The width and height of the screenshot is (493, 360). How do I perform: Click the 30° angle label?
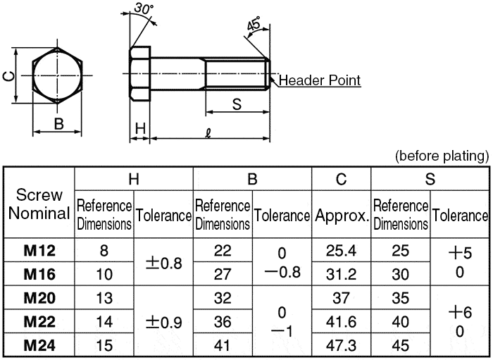click(x=144, y=9)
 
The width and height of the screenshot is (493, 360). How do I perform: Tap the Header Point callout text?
click(x=320, y=80)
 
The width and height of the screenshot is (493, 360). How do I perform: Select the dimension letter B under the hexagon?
click(x=59, y=124)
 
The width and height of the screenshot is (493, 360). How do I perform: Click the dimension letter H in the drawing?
click(x=140, y=128)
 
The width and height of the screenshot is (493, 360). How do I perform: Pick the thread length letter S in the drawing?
click(x=237, y=104)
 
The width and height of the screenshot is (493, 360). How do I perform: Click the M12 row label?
click(x=39, y=250)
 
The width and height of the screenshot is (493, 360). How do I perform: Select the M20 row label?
click(x=39, y=298)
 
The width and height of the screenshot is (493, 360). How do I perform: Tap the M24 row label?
click(x=39, y=346)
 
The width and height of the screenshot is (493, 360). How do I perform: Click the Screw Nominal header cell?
click(x=39, y=204)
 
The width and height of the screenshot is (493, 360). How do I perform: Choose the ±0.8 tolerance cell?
click(x=163, y=263)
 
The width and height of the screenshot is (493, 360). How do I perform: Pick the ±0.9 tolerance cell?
click(x=163, y=323)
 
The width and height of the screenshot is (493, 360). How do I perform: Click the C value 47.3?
click(x=341, y=346)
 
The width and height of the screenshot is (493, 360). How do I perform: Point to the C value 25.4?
click(x=341, y=250)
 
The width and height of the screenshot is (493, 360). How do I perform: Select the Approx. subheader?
click(x=342, y=215)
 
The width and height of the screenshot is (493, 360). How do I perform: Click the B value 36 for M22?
click(x=223, y=322)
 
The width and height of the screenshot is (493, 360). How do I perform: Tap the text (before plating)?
click(x=442, y=155)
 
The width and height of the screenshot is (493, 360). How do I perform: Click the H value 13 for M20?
click(x=104, y=298)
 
